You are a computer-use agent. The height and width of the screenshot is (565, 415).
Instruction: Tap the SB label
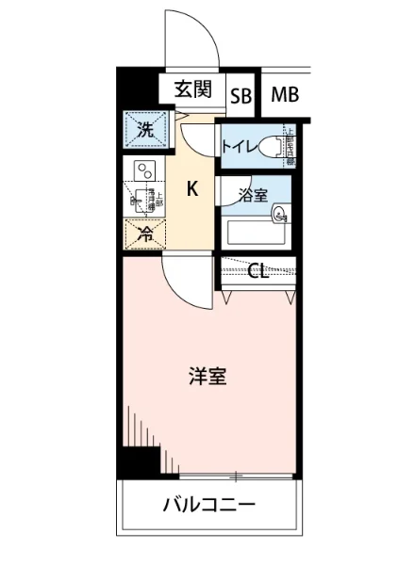(x=241, y=95)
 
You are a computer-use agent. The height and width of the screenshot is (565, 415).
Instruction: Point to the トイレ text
(x=236, y=146)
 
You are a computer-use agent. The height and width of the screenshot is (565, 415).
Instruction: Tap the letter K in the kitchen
(x=191, y=189)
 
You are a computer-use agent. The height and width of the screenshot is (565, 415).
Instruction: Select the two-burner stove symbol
(x=144, y=171)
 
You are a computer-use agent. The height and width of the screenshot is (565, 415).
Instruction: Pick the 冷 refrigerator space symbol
(x=144, y=233)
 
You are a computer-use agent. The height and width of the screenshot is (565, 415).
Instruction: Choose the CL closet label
(x=257, y=272)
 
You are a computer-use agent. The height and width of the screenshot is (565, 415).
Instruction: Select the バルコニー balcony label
(x=209, y=506)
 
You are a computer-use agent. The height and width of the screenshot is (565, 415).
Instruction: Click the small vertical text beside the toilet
(x=290, y=146)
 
